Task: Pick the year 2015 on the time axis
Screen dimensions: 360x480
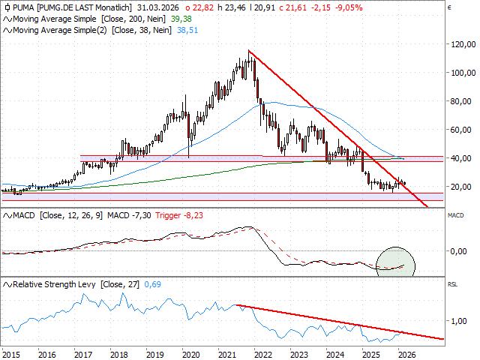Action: (x=11, y=354)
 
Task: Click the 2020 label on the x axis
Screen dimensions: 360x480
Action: (x=190, y=354)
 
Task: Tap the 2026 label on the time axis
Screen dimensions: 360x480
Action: (x=406, y=354)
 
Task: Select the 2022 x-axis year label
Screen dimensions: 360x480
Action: (x=262, y=354)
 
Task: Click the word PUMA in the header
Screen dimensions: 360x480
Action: (x=22, y=6)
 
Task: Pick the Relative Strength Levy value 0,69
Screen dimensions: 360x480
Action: (x=151, y=284)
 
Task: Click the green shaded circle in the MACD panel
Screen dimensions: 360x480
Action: (x=394, y=260)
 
